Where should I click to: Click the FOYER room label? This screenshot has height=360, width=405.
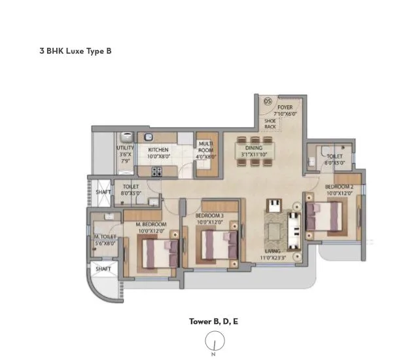coord(285,107)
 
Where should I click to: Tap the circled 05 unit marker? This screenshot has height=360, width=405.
coord(268,101)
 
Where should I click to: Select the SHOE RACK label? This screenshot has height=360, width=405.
coord(270,122)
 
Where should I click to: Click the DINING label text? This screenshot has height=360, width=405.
coord(254,148)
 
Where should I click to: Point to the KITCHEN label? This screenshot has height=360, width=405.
coord(158,150)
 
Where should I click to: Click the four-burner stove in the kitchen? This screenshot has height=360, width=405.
coord(157,172)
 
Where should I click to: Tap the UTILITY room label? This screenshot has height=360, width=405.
coord(125,149)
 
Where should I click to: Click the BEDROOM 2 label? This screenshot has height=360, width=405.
coord(339,187)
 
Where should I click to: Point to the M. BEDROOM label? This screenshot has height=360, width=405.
coord(151,225)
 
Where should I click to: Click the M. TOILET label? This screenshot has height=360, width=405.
coord(105,237)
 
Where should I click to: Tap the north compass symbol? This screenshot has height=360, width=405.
coord(213,342)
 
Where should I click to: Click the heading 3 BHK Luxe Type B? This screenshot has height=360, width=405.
coord(75,50)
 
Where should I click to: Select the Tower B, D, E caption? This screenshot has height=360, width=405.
coord(213,321)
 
